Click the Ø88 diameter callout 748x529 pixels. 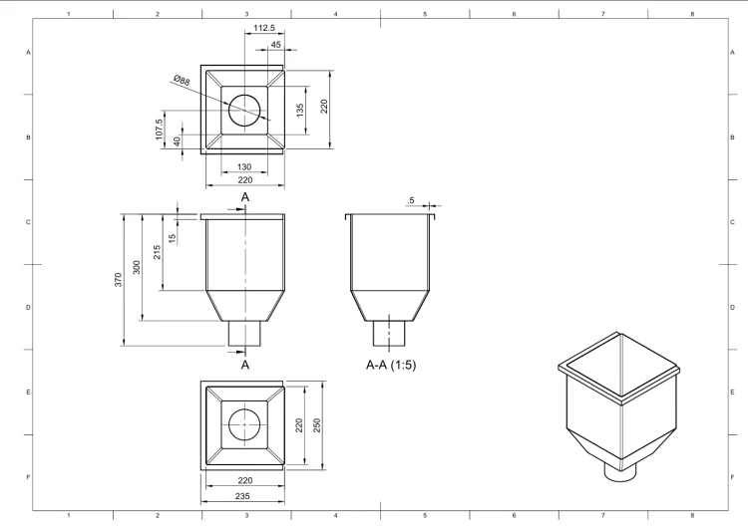coord(182,80)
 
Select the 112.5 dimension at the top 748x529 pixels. coord(264,28)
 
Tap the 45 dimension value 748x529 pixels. coord(275,45)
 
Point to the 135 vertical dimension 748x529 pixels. coord(300,111)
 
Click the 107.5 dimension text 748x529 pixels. coord(160,130)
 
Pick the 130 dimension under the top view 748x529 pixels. coord(243,166)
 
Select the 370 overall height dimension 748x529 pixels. coord(119,280)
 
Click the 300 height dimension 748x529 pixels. coord(137,267)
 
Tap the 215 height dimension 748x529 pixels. coord(157,252)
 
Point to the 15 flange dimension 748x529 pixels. coord(173,237)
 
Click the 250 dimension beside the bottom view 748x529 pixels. coord(317,425)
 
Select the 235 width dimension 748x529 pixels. coord(242,496)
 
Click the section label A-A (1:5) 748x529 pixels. coord(391,365)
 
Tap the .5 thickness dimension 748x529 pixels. coord(411,200)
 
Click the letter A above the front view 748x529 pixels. coord(245,197)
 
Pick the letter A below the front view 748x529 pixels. coord(245,365)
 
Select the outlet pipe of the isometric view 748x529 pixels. coord(620,473)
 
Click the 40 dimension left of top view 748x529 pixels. coord(177,141)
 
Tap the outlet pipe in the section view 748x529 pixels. coord(389,333)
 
